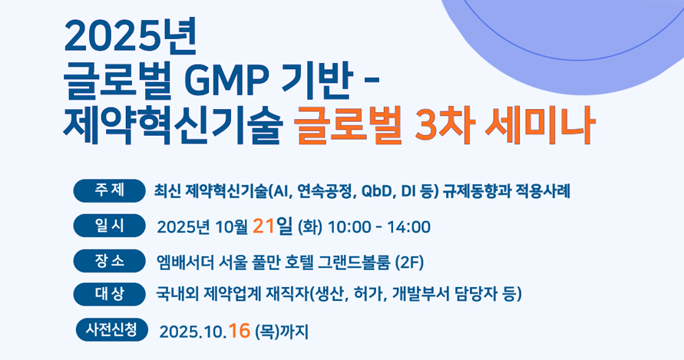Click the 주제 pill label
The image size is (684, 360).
(x=109, y=190)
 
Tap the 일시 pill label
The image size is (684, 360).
(x=109, y=226)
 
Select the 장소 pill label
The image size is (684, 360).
(x=109, y=261)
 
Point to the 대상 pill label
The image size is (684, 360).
(x=109, y=294)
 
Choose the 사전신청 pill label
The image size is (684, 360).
(x=111, y=329)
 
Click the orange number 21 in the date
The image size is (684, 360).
(x=263, y=226)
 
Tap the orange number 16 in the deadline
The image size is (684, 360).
(x=239, y=331)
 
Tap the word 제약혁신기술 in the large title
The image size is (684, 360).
(x=171, y=125)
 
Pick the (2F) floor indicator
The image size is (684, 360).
(x=408, y=263)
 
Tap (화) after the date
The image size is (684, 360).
(x=309, y=227)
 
